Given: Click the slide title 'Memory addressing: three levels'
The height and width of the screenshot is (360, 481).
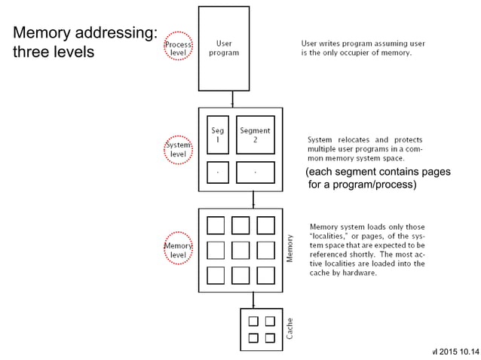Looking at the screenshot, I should pos(84,42).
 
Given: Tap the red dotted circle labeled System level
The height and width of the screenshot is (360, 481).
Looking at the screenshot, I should pos(178,149).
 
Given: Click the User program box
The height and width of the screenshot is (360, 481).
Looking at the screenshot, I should pos(223,48).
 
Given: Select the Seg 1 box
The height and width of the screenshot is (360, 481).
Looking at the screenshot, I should pos(217,135).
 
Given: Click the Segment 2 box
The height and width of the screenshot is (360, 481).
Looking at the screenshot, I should pos(255,135).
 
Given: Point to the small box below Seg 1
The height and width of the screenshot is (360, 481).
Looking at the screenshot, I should pos(217,172).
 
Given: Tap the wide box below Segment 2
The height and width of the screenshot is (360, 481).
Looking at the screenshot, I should pos(255,172).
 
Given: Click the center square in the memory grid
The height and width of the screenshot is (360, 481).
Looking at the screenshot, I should pos(240,250).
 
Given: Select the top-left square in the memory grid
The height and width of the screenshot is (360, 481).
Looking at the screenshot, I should pos(216,225).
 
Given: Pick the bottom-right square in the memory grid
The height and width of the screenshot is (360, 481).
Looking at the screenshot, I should pos(265,275).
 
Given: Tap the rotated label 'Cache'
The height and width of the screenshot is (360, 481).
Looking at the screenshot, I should pos(290,328).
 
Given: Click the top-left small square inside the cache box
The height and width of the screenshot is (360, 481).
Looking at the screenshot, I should pos(253,321).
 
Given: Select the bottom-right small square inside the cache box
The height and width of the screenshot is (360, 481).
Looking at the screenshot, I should pos(270,337).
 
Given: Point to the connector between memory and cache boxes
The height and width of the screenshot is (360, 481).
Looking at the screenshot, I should pos(253,300).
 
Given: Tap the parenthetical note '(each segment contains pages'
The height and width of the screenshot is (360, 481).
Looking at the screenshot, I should pos(378,172).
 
